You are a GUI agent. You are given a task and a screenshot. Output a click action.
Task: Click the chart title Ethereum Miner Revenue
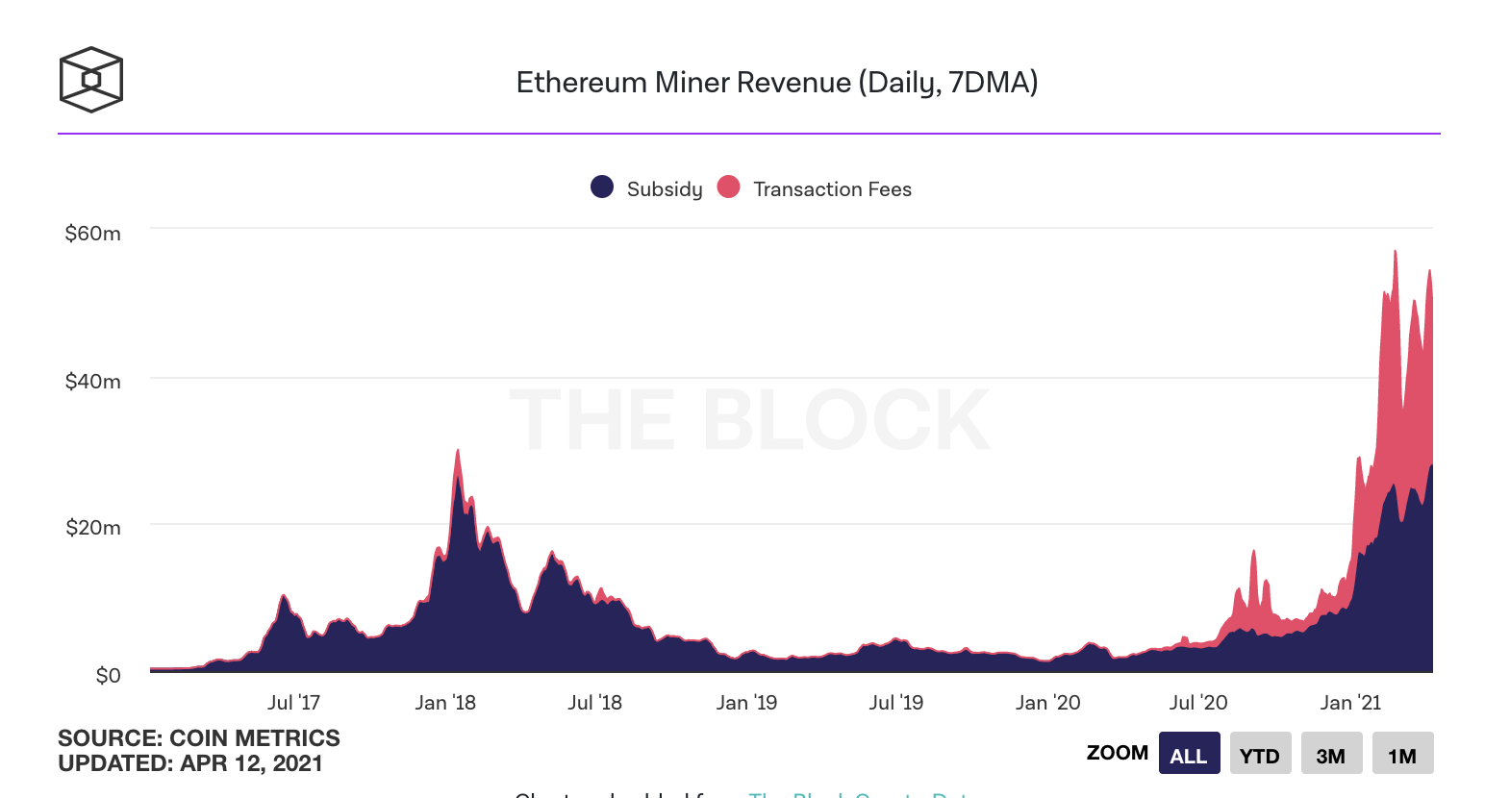pyautogui.click(x=777, y=83)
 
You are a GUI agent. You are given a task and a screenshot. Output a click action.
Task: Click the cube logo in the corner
pyautogui.click(x=91, y=80)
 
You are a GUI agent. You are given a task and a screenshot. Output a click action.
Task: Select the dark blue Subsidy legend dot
pyautogui.click(x=602, y=187)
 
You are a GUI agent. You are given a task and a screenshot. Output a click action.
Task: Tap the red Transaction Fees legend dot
pyautogui.click(x=729, y=187)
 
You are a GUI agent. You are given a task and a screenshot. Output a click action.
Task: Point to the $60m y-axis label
pyautogui.click(x=92, y=234)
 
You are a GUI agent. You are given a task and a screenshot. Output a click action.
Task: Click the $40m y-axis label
pyautogui.click(x=92, y=381)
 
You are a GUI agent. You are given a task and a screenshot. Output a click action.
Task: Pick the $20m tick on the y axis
pyautogui.click(x=92, y=528)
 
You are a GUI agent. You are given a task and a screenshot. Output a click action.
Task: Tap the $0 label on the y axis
pyautogui.click(x=108, y=675)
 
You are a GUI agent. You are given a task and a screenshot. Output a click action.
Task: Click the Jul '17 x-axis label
pyautogui.click(x=293, y=703)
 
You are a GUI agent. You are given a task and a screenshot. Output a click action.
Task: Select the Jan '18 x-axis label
pyautogui.click(x=445, y=703)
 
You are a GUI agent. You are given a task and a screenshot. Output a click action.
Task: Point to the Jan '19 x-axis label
pyautogui.click(x=746, y=703)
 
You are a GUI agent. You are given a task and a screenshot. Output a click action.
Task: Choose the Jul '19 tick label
pyautogui.click(x=895, y=703)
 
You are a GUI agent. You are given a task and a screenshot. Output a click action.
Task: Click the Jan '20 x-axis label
pyautogui.click(x=1047, y=703)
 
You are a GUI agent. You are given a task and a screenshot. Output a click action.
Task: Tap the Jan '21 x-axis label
pyautogui.click(x=1350, y=703)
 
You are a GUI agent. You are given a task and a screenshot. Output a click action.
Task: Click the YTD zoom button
pyautogui.click(x=1259, y=754)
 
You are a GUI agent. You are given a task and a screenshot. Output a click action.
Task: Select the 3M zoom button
pyautogui.click(x=1331, y=754)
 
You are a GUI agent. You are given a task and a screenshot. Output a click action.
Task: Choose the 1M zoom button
pyautogui.click(x=1402, y=754)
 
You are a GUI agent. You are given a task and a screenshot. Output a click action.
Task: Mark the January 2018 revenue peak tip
pyautogui.click(x=458, y=450)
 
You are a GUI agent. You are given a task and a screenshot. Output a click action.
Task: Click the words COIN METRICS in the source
pyautogui.click(x=254, y=738)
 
